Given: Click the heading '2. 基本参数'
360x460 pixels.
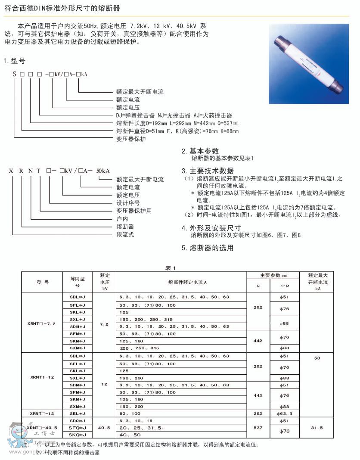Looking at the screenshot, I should tap(200, 151).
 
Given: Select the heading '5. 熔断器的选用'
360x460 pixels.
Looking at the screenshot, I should tap(208, 248).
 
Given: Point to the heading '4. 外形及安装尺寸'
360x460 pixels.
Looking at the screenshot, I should tap(211, 228).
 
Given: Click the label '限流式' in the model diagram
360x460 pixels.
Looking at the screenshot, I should tap(125, 234).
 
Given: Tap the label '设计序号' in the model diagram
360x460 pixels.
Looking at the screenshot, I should tap(128, 203).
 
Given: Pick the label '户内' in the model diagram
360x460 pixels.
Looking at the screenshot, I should tap(122, 219).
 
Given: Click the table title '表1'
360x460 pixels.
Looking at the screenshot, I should tap(171, 268).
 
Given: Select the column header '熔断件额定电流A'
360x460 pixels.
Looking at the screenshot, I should tap(181, 282).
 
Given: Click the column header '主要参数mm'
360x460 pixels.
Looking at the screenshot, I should tap(273, 275).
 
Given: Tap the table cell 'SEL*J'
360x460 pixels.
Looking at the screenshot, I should tap(77, 413).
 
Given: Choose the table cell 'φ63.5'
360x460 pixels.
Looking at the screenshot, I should tap(285, 413).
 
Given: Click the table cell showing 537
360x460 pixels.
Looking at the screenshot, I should tap(258, 428).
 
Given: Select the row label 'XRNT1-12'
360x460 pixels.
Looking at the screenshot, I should tap(42, 377).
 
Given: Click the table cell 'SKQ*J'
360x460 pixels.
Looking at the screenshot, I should tap(77, 435).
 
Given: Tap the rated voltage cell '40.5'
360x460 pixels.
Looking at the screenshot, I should tap(104, 428).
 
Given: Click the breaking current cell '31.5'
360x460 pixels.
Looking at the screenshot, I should tap(317, 428).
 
